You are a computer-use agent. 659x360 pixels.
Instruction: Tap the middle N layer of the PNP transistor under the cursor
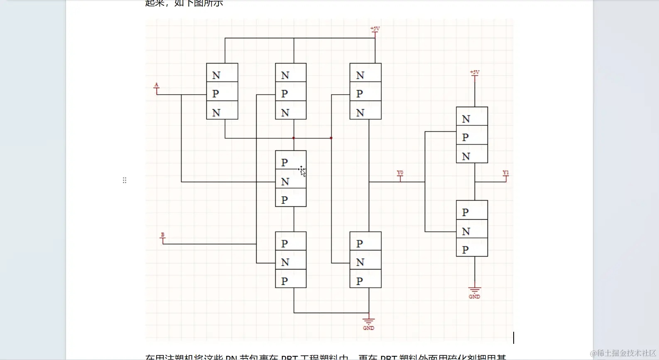pyautogui.click(x=291, y=182)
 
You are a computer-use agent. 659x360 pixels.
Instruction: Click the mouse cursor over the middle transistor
pyautogui.click(x=302, y=171)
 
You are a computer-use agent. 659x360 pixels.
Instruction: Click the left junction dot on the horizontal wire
pyautogui.click(x=294, y=138)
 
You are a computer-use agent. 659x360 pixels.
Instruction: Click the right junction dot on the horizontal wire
pyautogui.click(x=331, y=138)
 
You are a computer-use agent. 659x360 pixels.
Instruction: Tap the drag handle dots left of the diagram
pyautogui.click(x=125, y=180)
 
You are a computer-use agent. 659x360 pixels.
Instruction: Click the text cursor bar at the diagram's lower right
pyautogui.click(x=514, y=338)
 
